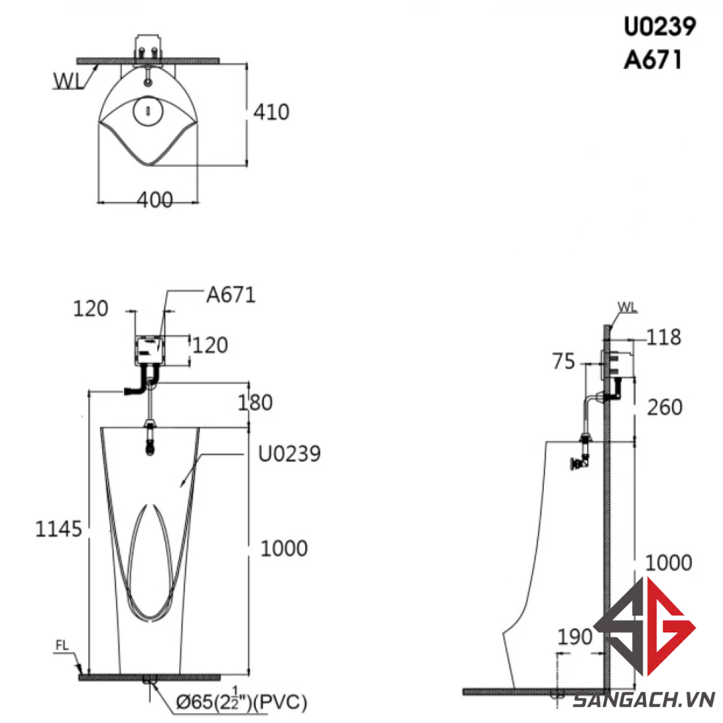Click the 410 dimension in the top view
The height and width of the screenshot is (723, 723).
click(x=271, y=112)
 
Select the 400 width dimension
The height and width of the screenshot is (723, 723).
click(x=155, y=200)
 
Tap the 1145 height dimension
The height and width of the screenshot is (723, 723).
click(x=58, y=529)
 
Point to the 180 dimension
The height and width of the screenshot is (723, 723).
click(x=255, y=403)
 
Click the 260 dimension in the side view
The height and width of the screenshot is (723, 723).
click(x=665, y=407)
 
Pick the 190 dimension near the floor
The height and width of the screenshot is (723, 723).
click(x=574, y=637)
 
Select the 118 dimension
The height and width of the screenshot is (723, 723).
click(x=663, y=337)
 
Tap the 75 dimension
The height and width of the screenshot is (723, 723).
click(x=563, y=361)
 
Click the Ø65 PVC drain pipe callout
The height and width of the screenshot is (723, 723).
click(x=241, y=701)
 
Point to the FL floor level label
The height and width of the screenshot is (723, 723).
click(x=62, y=645)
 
